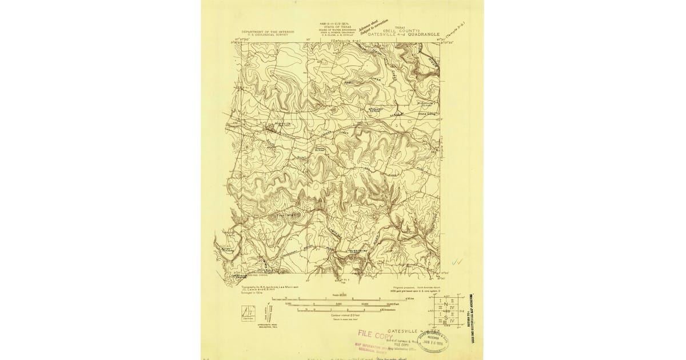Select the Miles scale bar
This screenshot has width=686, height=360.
click(344, 299)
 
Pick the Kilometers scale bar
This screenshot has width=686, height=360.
click(343, 310)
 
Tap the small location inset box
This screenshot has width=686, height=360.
click(248, 313)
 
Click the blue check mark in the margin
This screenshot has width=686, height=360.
click(456, 262)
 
